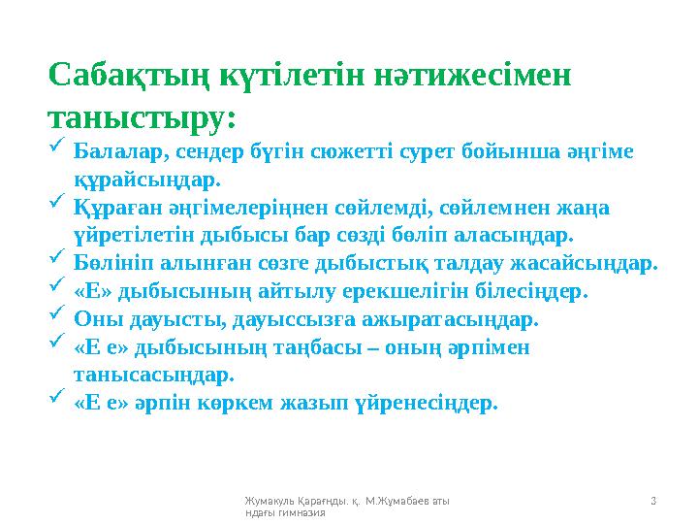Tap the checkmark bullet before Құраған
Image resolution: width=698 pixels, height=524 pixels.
tap(56, 203)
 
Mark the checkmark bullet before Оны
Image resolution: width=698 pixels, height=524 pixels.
tap(56, 313)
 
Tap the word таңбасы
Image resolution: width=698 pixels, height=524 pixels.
tap(331, 346)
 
